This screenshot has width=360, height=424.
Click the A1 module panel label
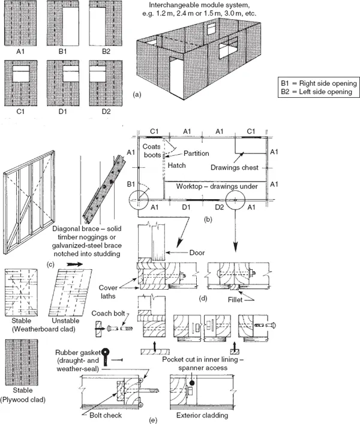point(20,52)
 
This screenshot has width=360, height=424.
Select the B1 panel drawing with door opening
point(62,23)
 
